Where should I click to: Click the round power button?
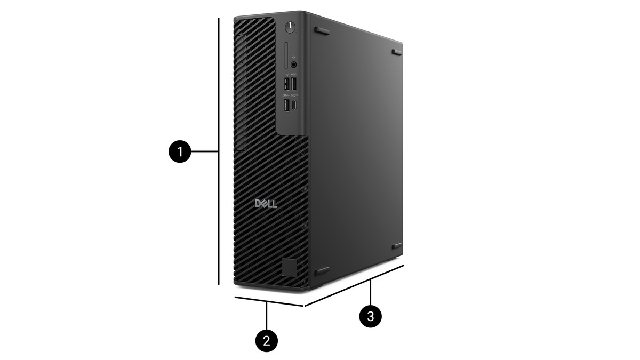tap(290, 27)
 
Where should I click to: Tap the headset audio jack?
tap(294, 65)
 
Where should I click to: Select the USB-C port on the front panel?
tap(294, 106)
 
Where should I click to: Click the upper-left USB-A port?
tap(286, 84)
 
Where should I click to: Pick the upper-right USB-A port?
tap(294, 83)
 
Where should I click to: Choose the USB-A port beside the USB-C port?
tap(286, 105)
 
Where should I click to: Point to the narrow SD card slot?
tap(286, 55)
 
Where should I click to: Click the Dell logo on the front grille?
tap(266, 204)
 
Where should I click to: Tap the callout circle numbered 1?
tap(180, 151)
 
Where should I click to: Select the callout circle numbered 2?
tap(267, 341)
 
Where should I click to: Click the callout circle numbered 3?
tap(371, 316)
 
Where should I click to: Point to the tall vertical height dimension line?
tap(219, 151)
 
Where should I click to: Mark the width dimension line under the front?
tap(269, 301)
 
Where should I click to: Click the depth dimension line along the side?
tap(354, 285)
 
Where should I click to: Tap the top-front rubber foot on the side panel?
tap(322, 30)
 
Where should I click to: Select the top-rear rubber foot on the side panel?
tap(397, 53)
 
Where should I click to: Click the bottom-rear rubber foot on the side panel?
tap(397, 246)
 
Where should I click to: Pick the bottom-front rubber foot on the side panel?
tap(322, 270)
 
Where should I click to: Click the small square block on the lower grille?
tap(289, 268)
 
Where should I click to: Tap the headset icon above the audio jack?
tap(294, 58)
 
